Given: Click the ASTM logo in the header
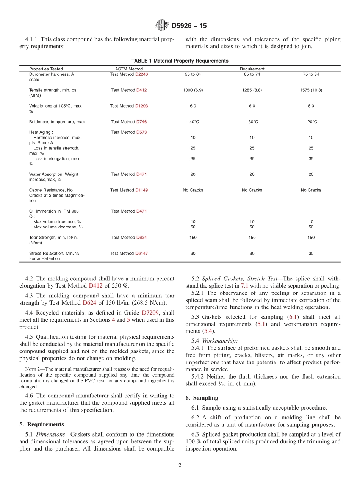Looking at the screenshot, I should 162,26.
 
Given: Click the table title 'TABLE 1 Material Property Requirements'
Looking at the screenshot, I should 180,61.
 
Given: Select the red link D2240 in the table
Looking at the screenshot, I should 141,74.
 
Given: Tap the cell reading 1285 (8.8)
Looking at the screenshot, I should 252,90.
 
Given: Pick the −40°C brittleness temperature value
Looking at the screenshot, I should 193,122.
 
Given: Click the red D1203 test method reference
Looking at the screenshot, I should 141,106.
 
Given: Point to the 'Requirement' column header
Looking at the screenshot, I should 252,69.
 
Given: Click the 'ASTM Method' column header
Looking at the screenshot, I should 129,69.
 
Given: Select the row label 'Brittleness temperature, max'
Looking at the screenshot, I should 57,122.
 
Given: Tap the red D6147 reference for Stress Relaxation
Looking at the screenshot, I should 141,253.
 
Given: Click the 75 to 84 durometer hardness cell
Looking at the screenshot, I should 311,74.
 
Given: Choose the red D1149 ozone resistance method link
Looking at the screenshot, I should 141,190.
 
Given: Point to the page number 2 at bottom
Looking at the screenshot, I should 180,466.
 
